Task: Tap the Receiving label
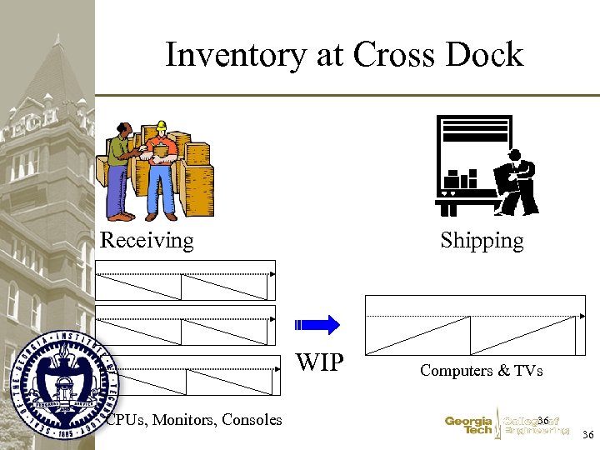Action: click(x=147, y=241)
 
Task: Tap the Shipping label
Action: click(x=482, y=241)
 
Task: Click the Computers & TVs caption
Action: click(x=481, y=370)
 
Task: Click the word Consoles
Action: click(x=251, y=419)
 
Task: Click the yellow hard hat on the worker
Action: click(x=161, y=127)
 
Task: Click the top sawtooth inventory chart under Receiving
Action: click(x=185, y=280)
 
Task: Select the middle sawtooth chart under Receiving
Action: click(x=185, y=325)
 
